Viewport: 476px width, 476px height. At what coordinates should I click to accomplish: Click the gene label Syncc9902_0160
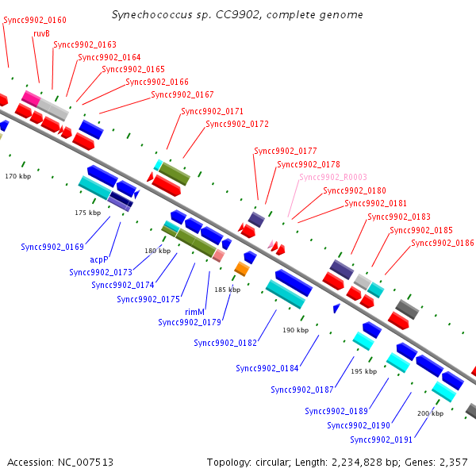point(35,20)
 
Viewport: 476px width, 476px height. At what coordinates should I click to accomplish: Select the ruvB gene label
point(41,33)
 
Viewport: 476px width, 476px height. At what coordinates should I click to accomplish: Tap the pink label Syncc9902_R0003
point(333,177)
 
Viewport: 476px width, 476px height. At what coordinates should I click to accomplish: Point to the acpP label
point(99,259)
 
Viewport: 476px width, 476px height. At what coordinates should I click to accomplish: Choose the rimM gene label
point(194,312)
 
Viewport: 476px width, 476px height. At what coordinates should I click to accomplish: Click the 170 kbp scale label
point(18,176)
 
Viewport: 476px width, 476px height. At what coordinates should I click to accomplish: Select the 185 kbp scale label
point(228,290)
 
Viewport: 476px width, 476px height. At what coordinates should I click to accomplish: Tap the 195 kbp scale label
point(364,371)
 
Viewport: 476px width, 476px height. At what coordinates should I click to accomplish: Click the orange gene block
point(242,269)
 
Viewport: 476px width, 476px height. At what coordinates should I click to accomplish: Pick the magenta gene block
point(31,98)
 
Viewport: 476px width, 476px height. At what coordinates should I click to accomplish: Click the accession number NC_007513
point(86,463)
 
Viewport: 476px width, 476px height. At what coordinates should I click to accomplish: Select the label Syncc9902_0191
point(382,440)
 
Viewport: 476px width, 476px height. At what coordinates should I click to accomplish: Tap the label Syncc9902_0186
point(443,243)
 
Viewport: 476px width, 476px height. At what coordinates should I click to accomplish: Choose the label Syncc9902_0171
point(212,111)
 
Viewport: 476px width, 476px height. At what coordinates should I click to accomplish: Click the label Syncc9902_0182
point(225,343)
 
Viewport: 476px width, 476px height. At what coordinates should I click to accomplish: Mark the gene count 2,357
point(454,463)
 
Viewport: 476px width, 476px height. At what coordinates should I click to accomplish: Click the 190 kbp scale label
point(296,330)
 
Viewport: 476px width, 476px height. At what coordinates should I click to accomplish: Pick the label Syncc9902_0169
point(52,247)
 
